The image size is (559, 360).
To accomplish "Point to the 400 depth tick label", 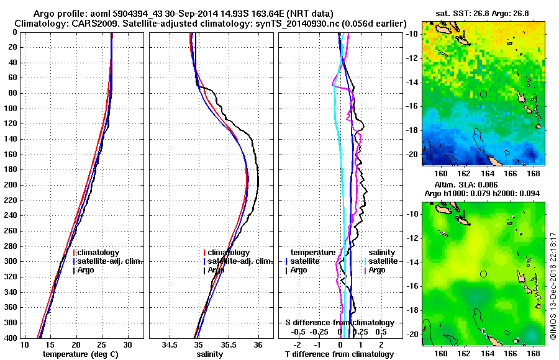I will point(12,338).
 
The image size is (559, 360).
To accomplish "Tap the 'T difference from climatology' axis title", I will point(338,354).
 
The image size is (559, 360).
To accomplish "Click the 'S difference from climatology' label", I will point(339,323).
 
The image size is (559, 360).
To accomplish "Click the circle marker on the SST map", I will point(484,94).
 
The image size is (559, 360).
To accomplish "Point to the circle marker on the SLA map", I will point(484,274).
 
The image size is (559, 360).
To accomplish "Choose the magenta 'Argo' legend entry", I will point(377,270).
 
